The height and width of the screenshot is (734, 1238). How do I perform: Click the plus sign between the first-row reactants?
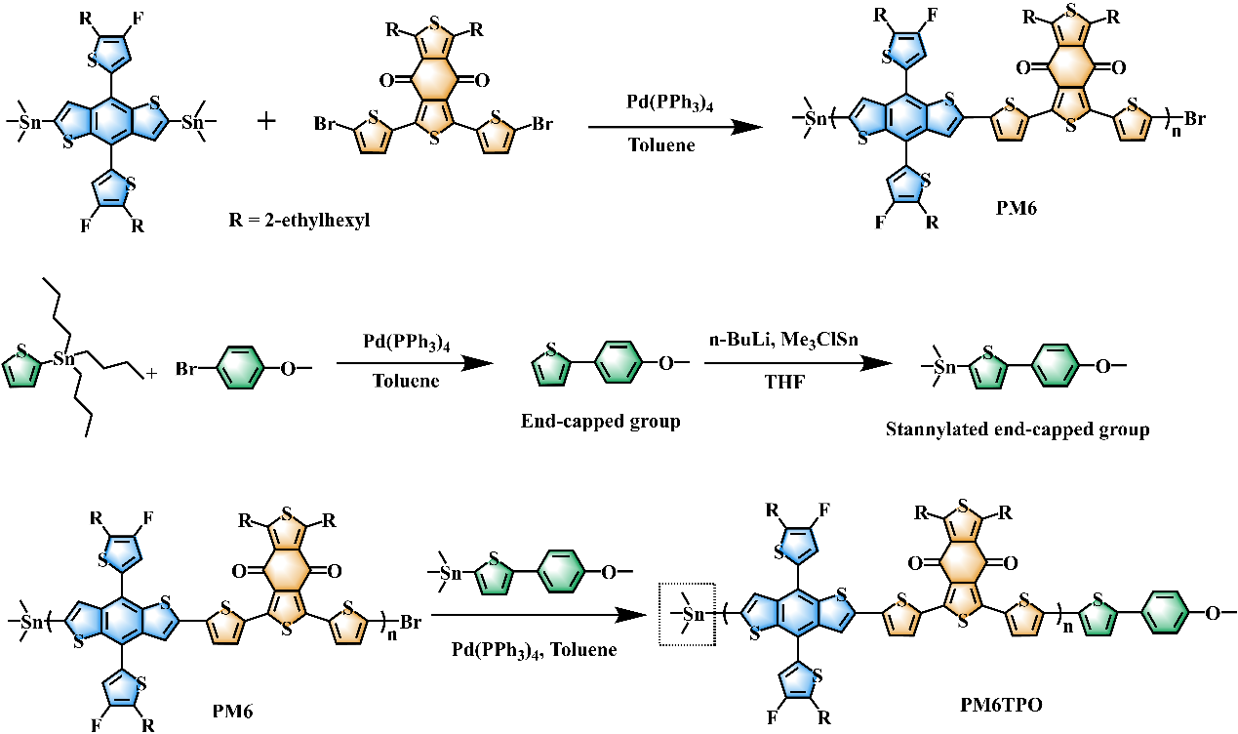[x=265, y=122]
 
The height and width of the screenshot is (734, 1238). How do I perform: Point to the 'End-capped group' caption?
[x=601, y=422]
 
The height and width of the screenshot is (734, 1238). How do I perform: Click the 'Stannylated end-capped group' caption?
[x=1018, y=428]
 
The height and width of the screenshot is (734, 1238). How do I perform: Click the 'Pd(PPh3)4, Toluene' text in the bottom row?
[x=534, y=649]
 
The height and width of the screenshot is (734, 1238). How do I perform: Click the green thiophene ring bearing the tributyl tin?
[x=25, y=368]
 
